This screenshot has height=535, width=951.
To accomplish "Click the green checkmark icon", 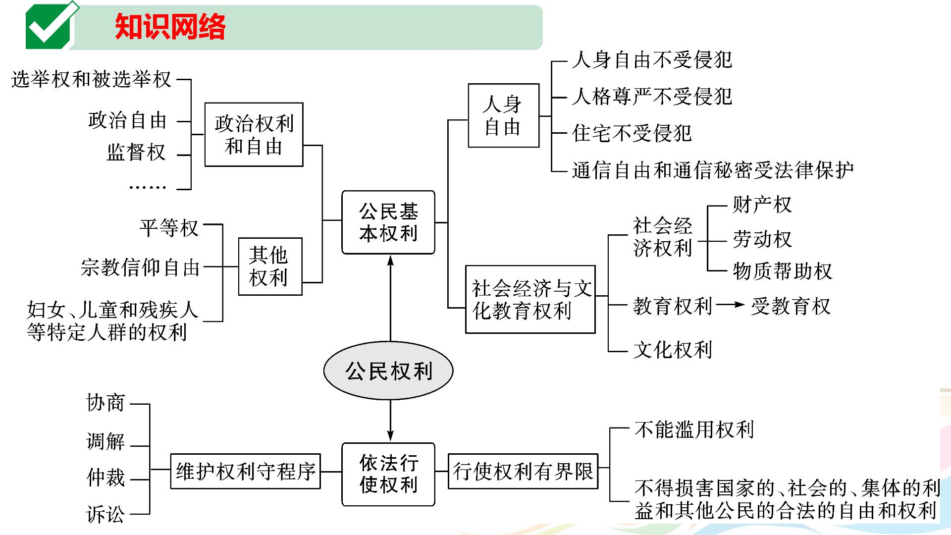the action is tap(51, 26).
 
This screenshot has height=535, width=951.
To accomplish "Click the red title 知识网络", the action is tap(170, 26).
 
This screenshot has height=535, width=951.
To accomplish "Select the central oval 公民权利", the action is tap(388, 371).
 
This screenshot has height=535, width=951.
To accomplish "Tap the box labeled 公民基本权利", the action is tap(388, 222).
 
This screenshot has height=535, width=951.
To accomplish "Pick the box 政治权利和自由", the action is tap(254, 135).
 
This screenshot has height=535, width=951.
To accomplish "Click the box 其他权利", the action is tap(270, 267).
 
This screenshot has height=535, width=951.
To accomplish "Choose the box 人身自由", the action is tap(503, 115).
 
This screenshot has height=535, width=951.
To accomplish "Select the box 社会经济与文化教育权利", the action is tap(530, 299).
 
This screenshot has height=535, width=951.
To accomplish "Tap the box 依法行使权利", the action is tap(388, 474).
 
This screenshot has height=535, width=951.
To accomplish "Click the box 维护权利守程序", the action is tap(246, 471).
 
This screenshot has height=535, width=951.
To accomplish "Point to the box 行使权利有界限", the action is tap(523, 471).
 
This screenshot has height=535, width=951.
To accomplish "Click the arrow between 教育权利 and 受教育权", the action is tap(730, 305).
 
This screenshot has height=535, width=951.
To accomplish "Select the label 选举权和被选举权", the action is tap(91, 79).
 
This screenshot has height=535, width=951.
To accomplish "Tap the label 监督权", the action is tap(136, 152).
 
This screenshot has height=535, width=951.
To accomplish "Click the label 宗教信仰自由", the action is tap(140, 267).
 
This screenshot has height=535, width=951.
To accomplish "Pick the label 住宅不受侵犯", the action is tap(632, 133).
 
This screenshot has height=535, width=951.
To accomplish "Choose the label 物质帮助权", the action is tap(783, 271).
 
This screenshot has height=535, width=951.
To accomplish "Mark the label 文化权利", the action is tap(673, 350).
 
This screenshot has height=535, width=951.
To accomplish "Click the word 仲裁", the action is tap(106, 478).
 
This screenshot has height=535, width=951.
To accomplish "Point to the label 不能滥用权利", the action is tap(694, 429).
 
